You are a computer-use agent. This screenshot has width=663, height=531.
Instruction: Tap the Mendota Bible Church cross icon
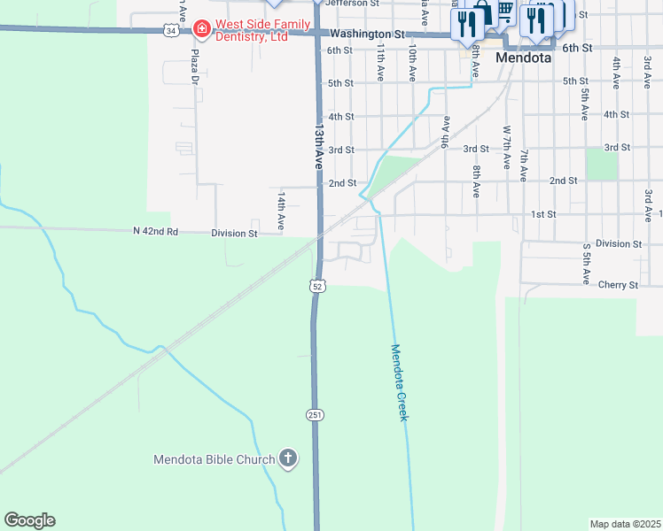[287, 458]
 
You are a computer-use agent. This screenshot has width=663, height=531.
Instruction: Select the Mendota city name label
[524, 58]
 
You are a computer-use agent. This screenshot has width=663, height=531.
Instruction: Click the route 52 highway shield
[317, 286]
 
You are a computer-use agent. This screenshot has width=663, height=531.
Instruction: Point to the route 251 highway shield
[316, 414]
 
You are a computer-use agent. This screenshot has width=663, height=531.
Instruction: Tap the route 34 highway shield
[169, 30]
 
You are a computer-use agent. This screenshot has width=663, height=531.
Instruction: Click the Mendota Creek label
[399, 382]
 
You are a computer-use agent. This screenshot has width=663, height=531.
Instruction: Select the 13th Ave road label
[317, 146]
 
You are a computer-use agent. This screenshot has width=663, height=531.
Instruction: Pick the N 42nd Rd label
[156, 232]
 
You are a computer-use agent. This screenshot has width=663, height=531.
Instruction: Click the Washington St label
[366, 34]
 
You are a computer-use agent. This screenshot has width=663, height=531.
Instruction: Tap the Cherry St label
[618, 285]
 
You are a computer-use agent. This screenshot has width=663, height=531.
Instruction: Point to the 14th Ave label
[280, 211]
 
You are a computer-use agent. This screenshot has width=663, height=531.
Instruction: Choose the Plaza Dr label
[193, 67]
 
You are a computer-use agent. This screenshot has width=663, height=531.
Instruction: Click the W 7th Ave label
[507, 147]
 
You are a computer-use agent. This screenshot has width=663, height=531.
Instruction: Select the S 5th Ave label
[586, 262]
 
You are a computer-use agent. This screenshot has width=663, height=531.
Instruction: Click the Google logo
[29, 520]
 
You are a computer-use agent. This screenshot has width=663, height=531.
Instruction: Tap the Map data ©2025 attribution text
[625, 524]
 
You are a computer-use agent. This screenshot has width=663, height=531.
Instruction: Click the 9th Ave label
[444, 132]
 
